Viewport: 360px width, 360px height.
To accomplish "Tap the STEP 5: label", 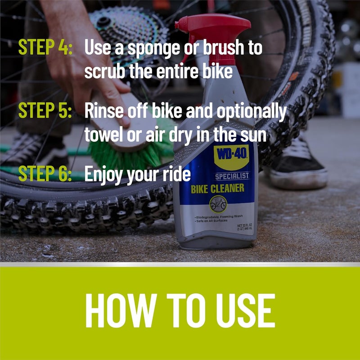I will (45, 112).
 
